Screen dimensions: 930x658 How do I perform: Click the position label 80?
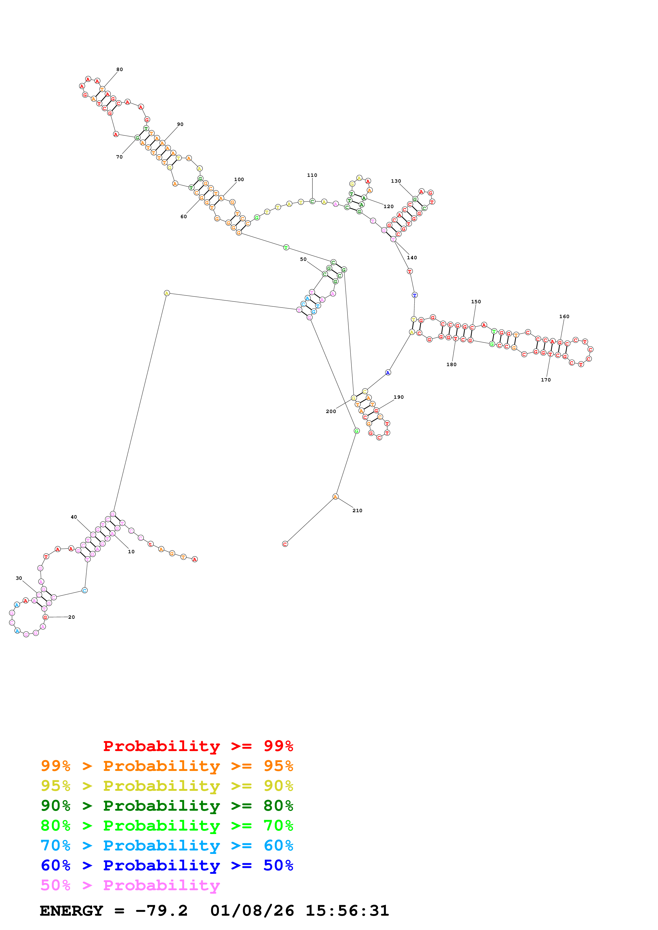coord(120,69)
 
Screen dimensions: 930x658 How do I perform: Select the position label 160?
coord(564,316)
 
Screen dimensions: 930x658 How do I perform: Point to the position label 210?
coord(357,510)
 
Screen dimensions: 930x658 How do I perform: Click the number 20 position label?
coord(71,617)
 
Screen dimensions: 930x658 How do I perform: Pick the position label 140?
coord(412,258)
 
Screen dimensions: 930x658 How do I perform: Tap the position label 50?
coord(303,259)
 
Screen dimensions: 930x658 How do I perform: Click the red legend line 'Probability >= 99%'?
coord(198,746)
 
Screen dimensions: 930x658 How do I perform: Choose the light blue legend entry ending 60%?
coord(167,845)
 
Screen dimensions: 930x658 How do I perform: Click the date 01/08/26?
coord(252,911)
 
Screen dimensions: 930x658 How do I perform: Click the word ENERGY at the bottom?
coord(71,911)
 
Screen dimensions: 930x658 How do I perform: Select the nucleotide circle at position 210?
coord(335,497)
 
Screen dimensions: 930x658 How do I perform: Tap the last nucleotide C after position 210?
coord(285,544)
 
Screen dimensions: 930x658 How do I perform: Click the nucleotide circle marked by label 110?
coord(312,201)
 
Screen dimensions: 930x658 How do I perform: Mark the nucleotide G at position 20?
coord(45,617)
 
